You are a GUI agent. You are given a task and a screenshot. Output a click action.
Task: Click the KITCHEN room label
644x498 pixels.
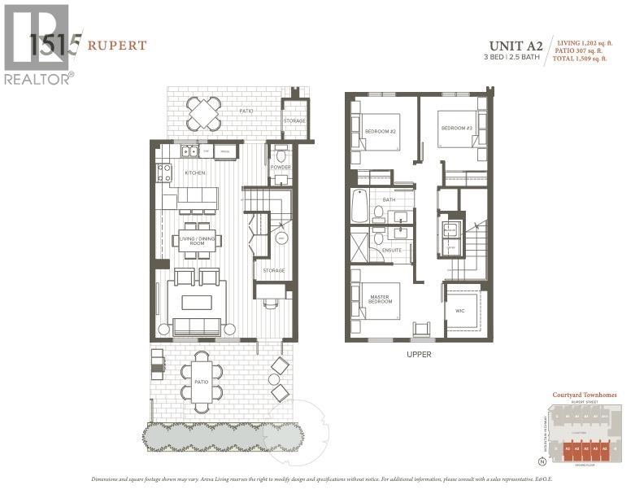194,173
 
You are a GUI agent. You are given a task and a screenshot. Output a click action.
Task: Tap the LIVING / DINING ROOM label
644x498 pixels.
196,240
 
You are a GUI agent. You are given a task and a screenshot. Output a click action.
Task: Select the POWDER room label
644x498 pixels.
280,168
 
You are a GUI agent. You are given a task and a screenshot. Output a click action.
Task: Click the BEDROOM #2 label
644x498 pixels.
379,130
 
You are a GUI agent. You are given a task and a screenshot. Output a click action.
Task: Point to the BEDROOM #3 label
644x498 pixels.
456,128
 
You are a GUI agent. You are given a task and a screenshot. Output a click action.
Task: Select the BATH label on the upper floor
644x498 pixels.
389,198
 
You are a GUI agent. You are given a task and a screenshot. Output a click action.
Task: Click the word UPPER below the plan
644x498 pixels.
420,355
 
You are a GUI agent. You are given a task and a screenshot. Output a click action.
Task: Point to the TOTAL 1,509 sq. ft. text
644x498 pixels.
588,59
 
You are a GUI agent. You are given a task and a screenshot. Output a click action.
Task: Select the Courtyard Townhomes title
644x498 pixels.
584,395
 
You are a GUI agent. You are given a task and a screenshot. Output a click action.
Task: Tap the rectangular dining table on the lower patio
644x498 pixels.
202,381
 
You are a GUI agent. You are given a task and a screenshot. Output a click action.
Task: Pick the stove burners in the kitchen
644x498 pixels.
164,173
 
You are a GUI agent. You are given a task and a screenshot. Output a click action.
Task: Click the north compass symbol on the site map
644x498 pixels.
542,461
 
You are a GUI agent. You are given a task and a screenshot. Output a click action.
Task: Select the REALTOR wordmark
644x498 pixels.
38,79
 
